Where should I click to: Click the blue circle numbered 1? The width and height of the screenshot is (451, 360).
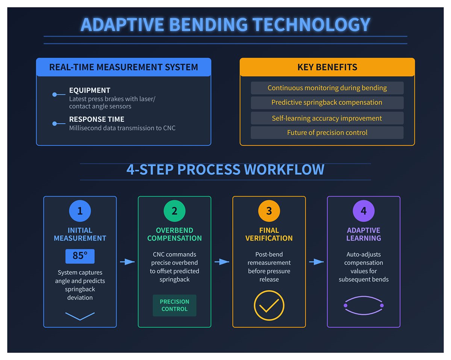80,211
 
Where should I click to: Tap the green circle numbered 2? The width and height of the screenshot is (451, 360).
174,211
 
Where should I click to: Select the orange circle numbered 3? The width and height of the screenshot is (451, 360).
269,211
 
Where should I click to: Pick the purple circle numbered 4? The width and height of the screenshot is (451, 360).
363,211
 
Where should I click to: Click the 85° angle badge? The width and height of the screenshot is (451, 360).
80,256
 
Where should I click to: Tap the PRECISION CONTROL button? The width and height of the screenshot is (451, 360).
174,305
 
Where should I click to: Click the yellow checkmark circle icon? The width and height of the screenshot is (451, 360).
269,305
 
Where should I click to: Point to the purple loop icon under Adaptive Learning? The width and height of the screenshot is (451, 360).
363,306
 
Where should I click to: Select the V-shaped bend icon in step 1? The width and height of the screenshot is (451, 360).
80,316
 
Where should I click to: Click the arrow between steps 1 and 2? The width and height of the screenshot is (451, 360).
127,262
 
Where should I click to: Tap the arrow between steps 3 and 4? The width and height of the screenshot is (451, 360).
316,262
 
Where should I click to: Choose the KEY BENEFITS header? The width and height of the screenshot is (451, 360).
327,68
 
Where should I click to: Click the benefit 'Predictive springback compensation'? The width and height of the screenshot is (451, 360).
327,103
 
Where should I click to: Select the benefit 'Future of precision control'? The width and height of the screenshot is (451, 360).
327,133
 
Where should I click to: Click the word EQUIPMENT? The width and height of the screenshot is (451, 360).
89,91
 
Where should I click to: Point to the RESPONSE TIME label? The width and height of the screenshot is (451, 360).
97,119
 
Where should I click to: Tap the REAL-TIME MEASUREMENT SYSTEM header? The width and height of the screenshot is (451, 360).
124,68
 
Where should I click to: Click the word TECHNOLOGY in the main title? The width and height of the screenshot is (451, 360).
312,25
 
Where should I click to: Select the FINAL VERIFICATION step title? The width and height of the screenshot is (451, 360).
269,234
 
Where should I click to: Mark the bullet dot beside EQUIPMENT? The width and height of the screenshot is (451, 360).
54,95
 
